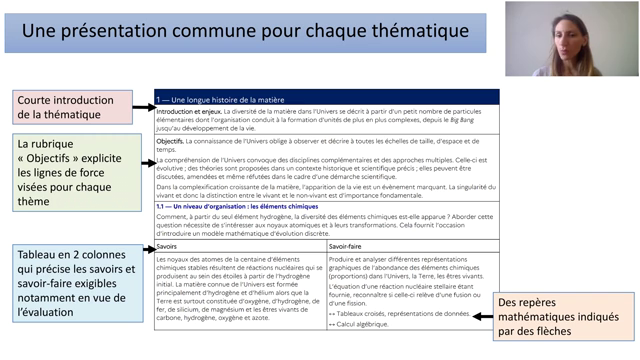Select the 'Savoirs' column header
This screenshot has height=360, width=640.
coord(168,245)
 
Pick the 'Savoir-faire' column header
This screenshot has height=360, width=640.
coord(346,245)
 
